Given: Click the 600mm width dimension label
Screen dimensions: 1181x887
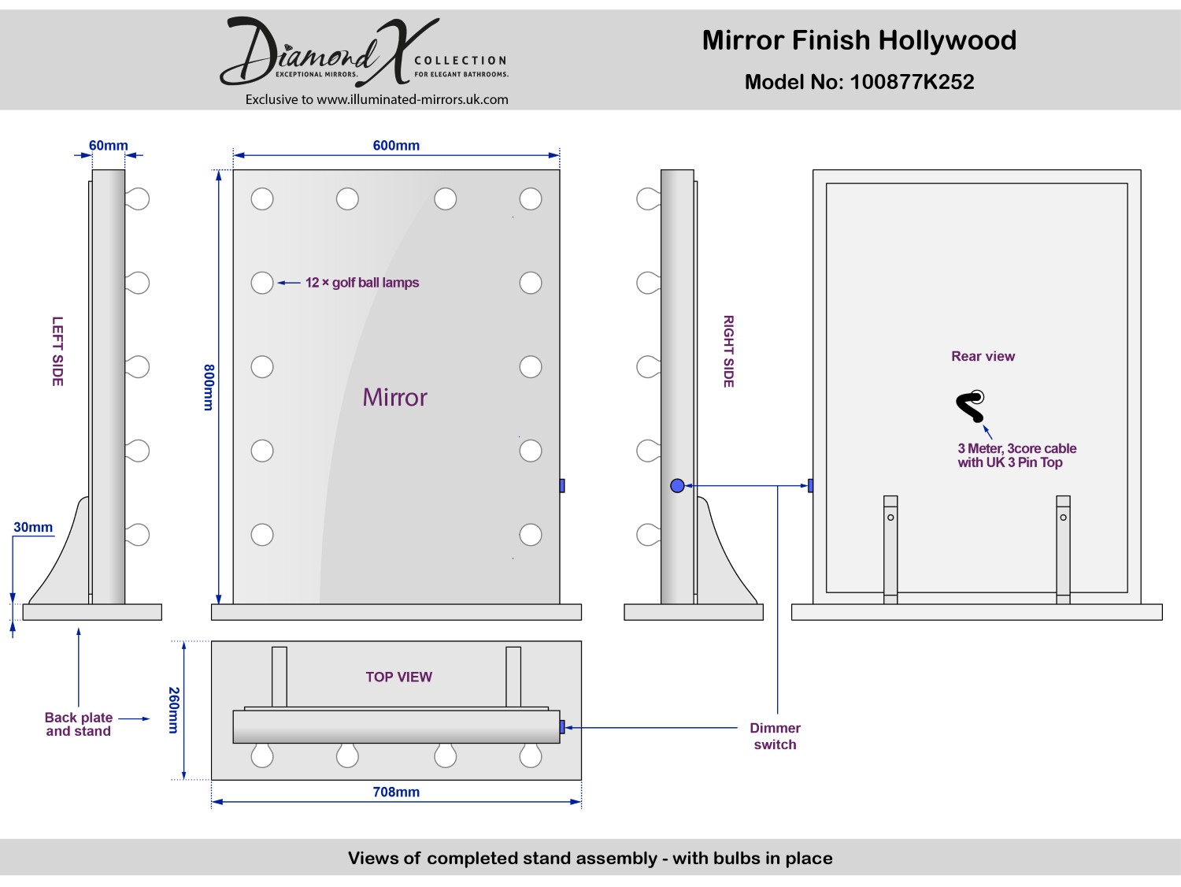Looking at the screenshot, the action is tap(396, 145).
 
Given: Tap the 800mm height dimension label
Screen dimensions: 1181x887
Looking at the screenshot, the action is tap(209, 388).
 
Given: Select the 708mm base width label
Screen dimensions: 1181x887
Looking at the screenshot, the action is tap(396, 792).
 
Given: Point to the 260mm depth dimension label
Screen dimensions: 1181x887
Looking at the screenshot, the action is tap(174, 710).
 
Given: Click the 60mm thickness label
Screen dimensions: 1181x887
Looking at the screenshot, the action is tap(108, 145).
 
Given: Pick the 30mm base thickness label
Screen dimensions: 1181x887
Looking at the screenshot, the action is tap(33, 527).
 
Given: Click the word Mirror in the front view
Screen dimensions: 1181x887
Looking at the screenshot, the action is tap(395, 397).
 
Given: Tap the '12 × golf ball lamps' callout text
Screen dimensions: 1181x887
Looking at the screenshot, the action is tap(362, 283).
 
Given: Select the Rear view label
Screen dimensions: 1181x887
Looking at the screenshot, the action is tap(983, 356).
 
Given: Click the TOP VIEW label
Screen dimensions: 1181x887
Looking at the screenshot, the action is tap(398, 677).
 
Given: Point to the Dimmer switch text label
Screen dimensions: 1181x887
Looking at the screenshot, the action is tap(775, 737).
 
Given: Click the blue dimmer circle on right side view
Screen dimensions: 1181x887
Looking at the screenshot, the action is tap(677, 486).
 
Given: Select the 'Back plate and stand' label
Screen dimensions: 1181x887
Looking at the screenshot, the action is tap(79, 725).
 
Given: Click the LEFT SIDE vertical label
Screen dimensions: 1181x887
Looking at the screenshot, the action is tap(57, 351).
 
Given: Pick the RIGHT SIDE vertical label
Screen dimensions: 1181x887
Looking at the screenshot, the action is tap(728, 351).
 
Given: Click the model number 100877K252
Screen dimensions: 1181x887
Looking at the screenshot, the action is tap(912, 82).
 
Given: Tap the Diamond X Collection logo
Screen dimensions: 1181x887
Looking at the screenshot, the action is tap(364, 51).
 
